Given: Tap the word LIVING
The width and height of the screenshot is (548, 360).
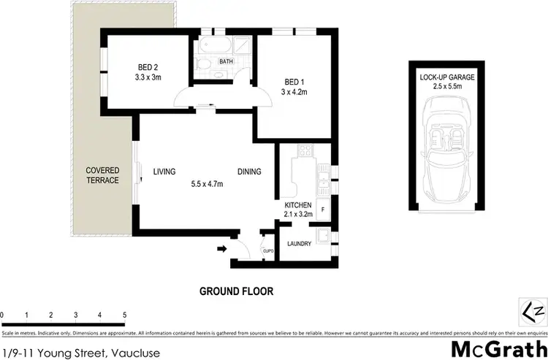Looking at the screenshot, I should [164, 172].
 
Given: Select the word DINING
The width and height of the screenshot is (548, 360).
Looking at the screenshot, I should [249, 172].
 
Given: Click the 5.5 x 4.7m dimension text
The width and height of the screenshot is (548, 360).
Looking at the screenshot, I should [207, 184].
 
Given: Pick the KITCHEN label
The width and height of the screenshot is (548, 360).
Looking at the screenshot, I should [299, 205].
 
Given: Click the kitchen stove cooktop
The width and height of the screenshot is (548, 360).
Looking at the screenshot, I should [305, 153].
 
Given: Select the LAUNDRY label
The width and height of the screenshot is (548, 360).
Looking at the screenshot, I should [299, 244].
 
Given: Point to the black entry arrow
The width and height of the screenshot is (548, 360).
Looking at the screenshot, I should [221, 250].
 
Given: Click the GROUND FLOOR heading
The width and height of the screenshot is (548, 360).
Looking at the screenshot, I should [237, 291].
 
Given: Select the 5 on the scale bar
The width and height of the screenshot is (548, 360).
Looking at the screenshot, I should [125, 315].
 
